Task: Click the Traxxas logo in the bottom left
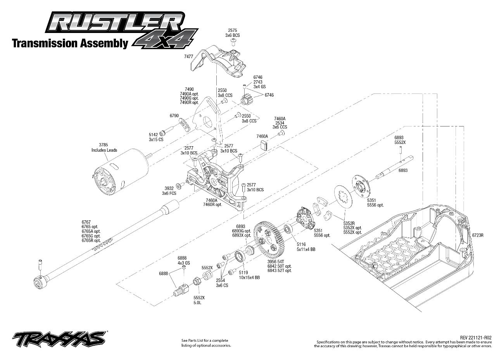point(58,337)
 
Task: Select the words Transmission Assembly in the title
point(70,43)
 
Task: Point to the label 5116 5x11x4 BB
point(306,247)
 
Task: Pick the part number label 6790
point(174,116)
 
